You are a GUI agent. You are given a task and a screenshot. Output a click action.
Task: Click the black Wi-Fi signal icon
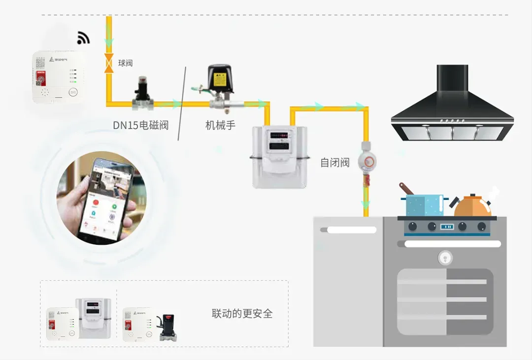(83, 38)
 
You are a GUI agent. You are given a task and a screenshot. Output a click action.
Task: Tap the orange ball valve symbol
(108, 64)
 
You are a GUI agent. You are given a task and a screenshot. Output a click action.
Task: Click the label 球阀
(125, 63)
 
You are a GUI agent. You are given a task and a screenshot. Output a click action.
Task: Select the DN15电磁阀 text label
(140, 125)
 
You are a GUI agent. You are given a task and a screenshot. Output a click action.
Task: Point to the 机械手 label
(220, 125)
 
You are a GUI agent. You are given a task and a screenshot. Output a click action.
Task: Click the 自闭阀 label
(334, 163)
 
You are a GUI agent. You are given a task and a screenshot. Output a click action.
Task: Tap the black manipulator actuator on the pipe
(219, 79)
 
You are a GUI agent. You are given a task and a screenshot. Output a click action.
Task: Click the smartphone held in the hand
(108, 199)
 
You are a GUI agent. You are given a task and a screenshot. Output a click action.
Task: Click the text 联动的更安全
(242, 314)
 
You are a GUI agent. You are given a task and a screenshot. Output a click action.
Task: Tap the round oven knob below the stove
(445, 257)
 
